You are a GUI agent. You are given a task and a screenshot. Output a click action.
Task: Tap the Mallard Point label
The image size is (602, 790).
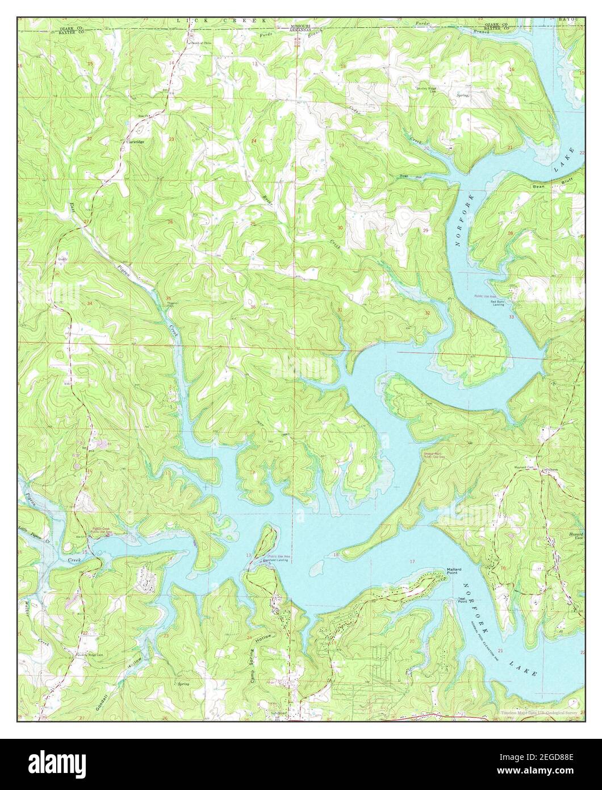pyautogui.click(x=456, y=571)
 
